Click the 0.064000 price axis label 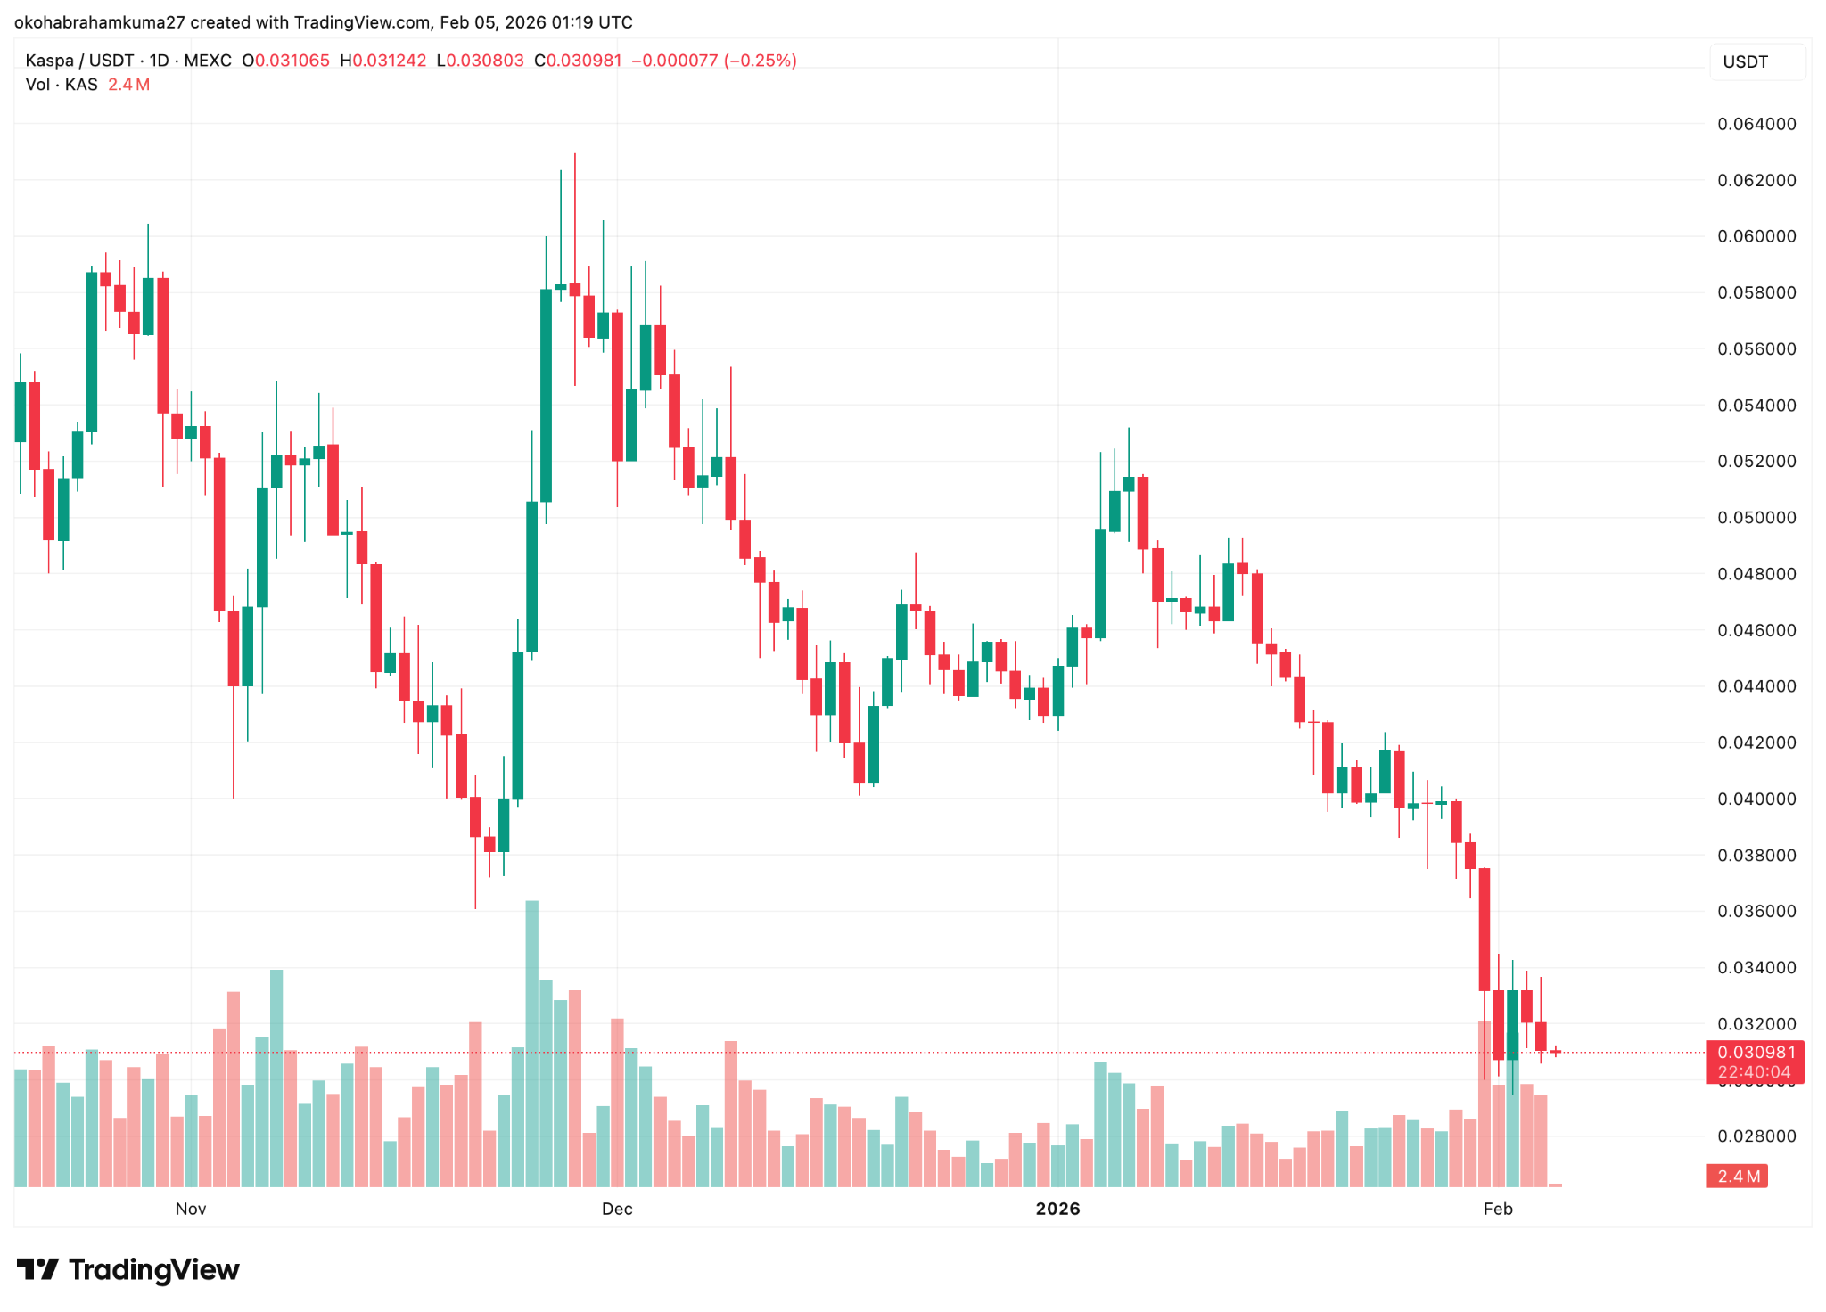click(1756, 124)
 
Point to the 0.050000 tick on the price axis click(1756, 518)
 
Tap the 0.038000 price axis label click(1756, 856)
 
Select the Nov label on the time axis click(191, 1209)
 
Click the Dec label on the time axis click(617, 1209)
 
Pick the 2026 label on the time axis click(1057, 1209)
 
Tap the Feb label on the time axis click(1498, 1209)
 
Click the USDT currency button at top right click(1745, 61)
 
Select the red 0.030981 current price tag click(1754, 1052)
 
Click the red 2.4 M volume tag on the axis click(1737, 1177)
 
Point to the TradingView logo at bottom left click(128, 1269)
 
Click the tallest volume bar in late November click(532, 1043)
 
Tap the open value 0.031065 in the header click(292, 61)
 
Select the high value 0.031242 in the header click(390, 61)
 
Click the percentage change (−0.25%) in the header click(760, 61)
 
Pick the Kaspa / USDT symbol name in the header click(80, 61)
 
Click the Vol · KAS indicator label click(62, 85)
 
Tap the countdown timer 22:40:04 click(1754, 1072)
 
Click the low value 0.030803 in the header click(485, 61)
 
